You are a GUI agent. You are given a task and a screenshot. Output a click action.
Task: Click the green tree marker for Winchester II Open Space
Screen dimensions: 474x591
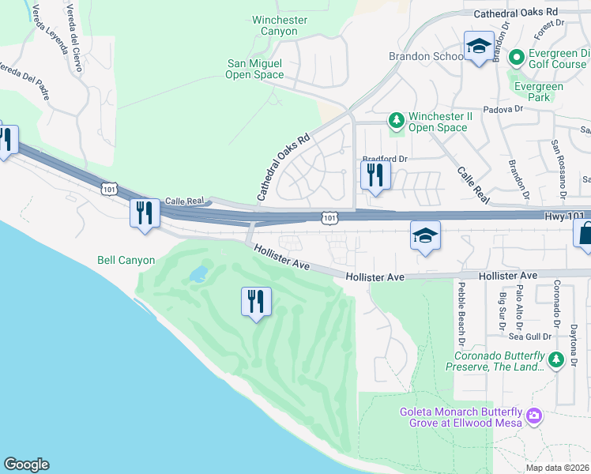pos(396,121)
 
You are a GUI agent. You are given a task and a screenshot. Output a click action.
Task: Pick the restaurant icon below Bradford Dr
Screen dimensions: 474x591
pos(375,175)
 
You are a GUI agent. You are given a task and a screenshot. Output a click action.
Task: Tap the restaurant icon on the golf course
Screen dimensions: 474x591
pos(256,302)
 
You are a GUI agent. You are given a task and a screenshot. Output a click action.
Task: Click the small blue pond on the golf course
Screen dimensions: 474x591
pos(198,274)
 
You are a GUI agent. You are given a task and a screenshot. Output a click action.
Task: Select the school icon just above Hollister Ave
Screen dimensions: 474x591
pos(425,235)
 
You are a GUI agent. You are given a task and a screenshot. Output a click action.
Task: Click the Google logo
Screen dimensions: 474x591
pos(26,465)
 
